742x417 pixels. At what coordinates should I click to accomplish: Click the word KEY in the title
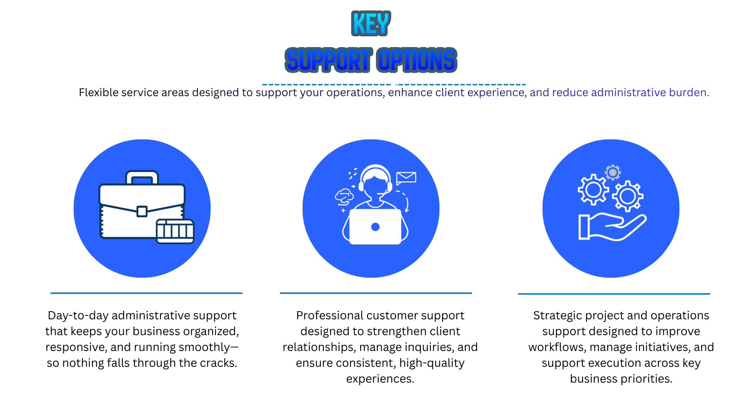coord(371,24)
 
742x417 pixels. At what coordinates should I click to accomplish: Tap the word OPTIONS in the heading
coord(417,60)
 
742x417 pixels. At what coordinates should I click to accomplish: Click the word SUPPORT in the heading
coord(328,60)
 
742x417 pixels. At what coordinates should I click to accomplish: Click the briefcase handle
coord(142,177)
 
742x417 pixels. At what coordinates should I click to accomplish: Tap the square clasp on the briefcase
coord(142,211)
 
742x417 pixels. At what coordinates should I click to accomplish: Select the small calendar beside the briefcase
coord(175,231)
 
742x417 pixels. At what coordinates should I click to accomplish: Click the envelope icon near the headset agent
coord(406,178)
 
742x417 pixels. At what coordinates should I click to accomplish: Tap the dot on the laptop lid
coord(375,227)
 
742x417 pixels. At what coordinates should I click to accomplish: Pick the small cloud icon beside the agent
coord(344,197)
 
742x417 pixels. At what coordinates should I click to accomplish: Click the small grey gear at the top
coord(613,172)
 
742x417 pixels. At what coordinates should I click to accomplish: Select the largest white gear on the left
coord(593,190)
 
